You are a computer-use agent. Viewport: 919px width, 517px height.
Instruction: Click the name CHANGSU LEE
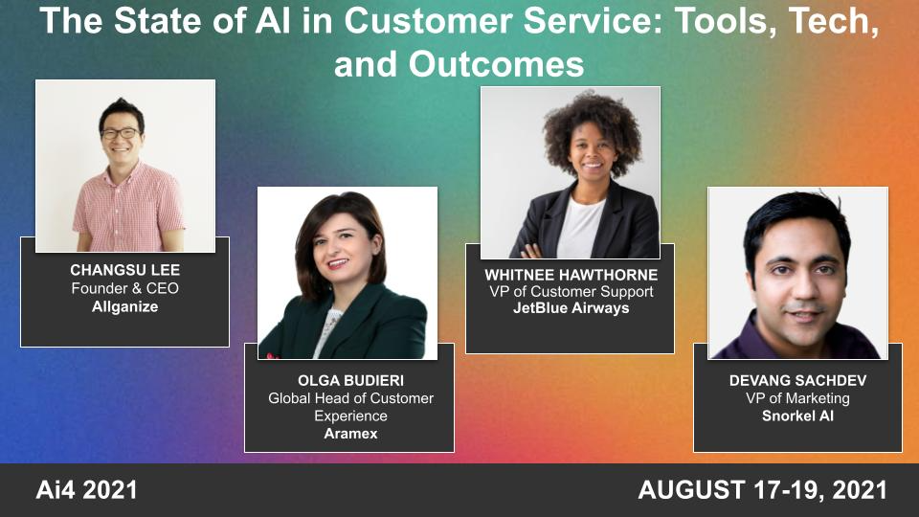coord(124,271)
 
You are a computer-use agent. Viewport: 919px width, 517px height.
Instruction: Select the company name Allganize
coord(124,305)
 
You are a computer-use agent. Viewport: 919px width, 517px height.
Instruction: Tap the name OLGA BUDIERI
coord(349,381)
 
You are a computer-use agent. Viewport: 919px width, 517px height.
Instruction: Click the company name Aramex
coord(349,434)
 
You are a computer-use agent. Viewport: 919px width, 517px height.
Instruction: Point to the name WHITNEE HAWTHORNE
coord(571,275)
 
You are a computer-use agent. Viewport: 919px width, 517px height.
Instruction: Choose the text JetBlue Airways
coord(571,308)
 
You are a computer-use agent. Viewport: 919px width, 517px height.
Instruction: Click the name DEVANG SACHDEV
coord(797,381)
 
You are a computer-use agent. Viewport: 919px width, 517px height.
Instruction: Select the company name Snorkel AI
coord(797,416)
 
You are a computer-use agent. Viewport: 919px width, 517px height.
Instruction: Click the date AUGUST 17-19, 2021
coord(763,491)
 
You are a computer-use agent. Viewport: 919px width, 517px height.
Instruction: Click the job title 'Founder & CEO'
coord(124,288)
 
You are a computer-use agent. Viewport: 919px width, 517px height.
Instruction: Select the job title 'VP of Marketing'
coord(797,398)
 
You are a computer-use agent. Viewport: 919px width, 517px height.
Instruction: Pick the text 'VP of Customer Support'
coord(571,291)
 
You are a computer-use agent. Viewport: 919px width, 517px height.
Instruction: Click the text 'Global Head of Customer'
coord(349,398)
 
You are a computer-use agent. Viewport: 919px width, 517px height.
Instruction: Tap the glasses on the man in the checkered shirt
coord(120,133)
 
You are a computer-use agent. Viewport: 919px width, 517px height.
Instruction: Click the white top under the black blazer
coord(580,228)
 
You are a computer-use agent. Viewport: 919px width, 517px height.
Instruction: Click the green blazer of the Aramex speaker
coord(378,326)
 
